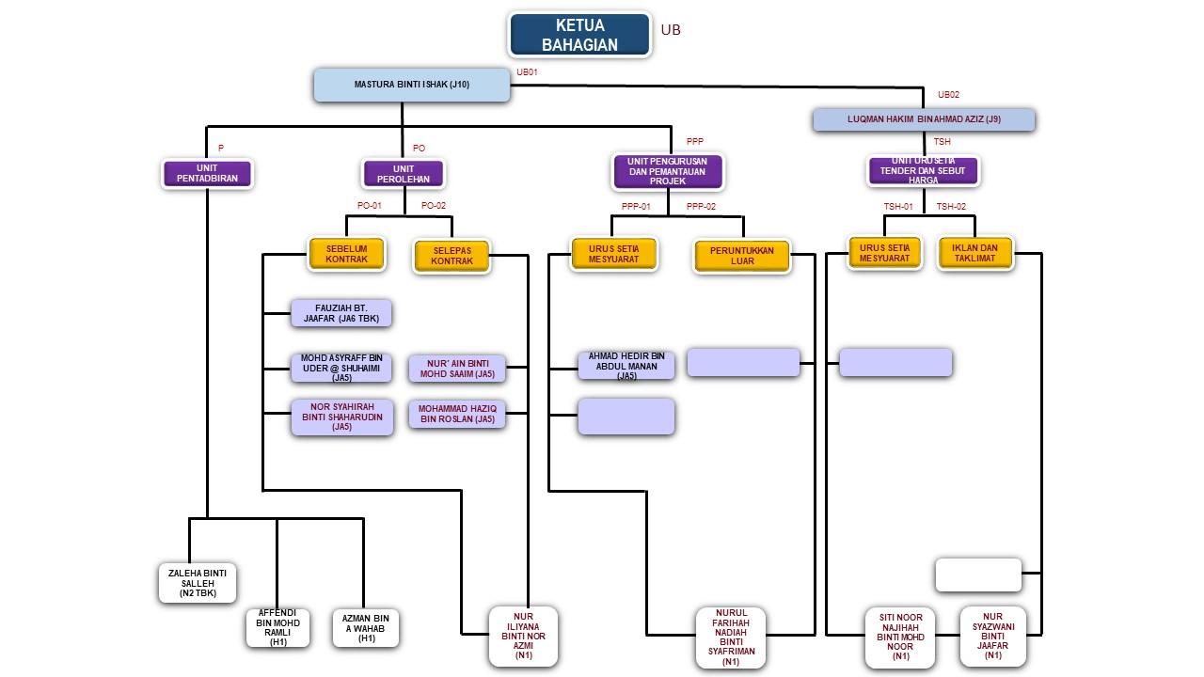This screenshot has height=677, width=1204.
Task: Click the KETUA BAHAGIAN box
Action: point(579,35)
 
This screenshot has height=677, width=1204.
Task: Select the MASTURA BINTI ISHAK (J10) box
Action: point(411,85)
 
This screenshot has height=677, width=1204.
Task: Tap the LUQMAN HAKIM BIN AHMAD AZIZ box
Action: point(924,119)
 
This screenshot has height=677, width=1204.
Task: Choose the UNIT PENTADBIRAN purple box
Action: point(208,174)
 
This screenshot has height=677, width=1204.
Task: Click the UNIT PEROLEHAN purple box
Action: point(404,174)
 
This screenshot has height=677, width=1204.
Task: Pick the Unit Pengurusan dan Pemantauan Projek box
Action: point(668,171)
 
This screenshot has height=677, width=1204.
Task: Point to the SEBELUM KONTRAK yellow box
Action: point(347,254)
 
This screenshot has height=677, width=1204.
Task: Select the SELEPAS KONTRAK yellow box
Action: point(451,256)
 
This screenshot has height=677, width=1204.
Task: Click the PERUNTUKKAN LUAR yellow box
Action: point(742,256)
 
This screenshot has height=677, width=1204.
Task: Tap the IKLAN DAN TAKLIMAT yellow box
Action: point(974,253)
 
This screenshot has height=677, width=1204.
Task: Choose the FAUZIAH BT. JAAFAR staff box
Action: point(341,314)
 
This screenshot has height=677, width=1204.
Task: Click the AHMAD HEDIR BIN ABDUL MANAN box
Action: point(626,366)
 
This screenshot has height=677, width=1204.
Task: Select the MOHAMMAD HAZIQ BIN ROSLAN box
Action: point(457,414)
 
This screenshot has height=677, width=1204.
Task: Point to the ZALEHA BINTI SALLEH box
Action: point(198,583)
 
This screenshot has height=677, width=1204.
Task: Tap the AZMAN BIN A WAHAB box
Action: point(366,628)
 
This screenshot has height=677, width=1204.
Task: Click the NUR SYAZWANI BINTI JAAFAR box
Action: point(992,636)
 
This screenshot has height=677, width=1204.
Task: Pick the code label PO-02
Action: point(434,205)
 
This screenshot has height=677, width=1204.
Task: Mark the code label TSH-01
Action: point(898,207)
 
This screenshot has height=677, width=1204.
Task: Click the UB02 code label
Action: point(948,94)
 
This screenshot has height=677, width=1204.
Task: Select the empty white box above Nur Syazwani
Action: point(978,575)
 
